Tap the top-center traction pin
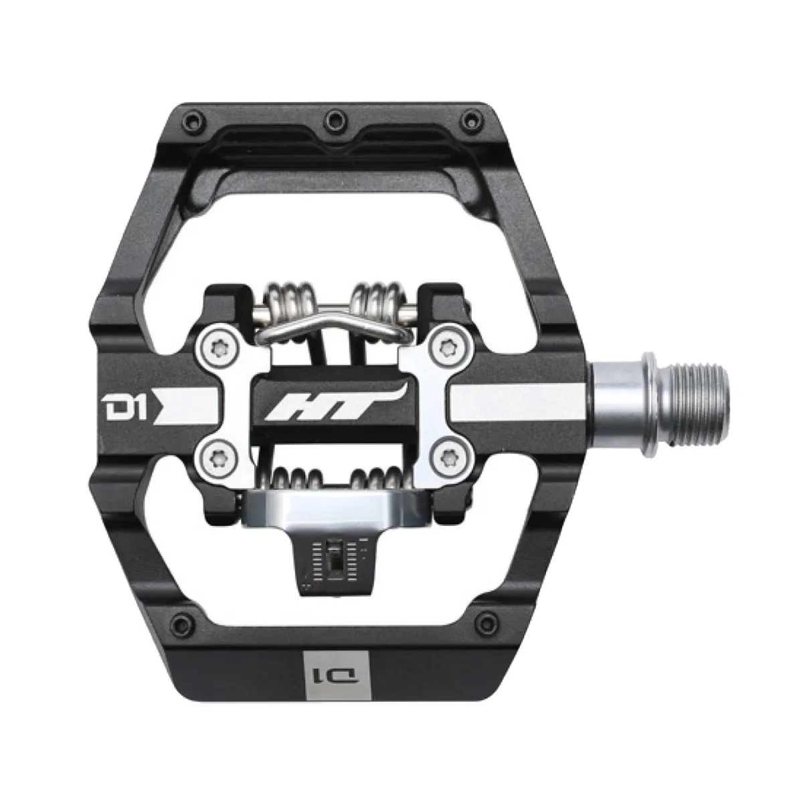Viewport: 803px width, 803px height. [332, 120]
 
